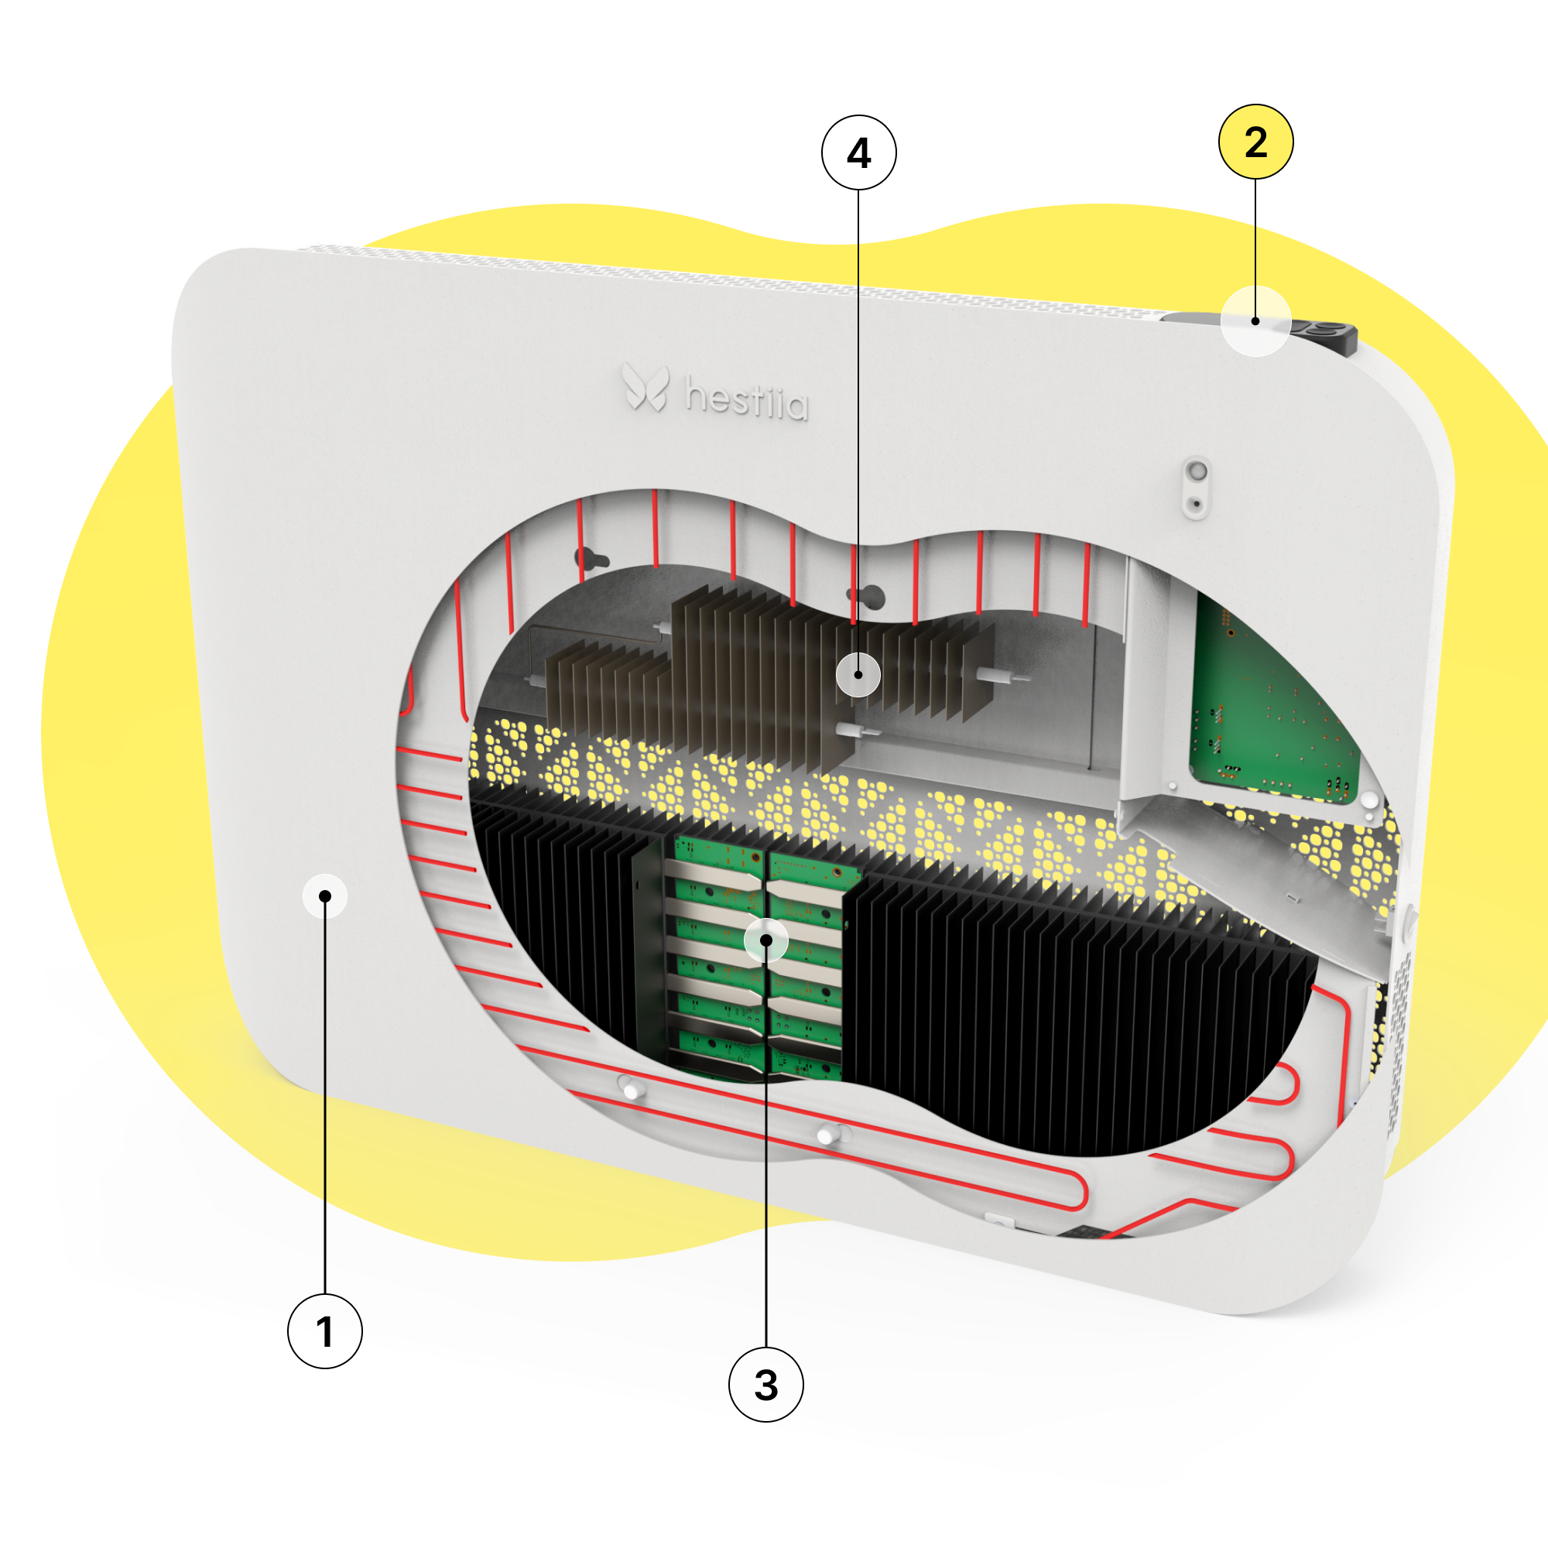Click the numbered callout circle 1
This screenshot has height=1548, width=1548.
[x=324, y=1331]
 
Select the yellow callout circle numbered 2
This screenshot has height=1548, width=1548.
[x=1255, y=142]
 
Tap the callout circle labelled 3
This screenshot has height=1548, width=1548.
[x=766, y=1385]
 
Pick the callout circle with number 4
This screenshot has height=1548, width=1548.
[x=859, y=152]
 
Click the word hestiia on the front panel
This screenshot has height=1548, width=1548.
[x=747, y=400]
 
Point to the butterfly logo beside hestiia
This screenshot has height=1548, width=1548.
[x=646, y=387]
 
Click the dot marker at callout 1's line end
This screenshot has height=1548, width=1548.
[x=324, y=896]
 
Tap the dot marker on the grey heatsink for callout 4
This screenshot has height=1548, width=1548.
[x=858, y=675]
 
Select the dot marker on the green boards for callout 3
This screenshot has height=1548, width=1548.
[x=766, y=939]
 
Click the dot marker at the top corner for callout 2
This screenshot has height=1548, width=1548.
[x=1255, y=321]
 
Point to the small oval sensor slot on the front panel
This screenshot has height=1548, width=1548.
[x=1197, y=487]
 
